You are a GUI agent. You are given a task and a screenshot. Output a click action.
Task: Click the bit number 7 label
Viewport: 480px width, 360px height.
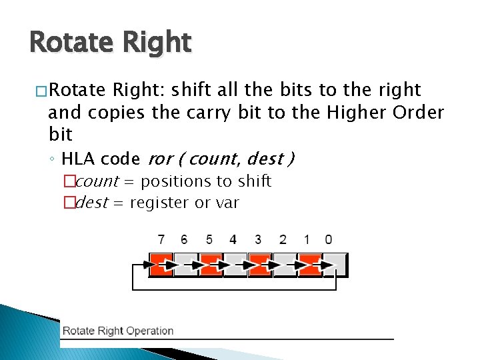pos(161,239)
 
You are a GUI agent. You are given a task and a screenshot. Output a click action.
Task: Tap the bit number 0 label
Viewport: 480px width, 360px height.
pos(328,239)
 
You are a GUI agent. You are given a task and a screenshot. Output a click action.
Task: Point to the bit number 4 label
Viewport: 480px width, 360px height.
pos(233,239)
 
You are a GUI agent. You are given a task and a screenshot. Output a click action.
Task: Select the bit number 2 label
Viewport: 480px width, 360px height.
pos(283,239)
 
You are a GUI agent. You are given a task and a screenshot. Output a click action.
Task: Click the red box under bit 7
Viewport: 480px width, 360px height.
pos(161,264)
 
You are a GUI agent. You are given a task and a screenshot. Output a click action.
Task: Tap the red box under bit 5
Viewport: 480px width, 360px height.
pos(211,264)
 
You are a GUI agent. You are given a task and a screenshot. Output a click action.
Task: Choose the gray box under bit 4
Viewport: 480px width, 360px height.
pos(235,264)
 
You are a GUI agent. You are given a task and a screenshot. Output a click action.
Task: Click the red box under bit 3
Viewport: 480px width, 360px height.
pos(260,264)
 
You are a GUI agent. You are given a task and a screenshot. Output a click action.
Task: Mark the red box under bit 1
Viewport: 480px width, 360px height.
pos(311,264)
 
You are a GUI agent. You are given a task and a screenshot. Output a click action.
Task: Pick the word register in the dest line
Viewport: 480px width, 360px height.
pos(159,203)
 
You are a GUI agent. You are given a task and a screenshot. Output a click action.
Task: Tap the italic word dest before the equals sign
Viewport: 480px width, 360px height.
pos(91,203)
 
